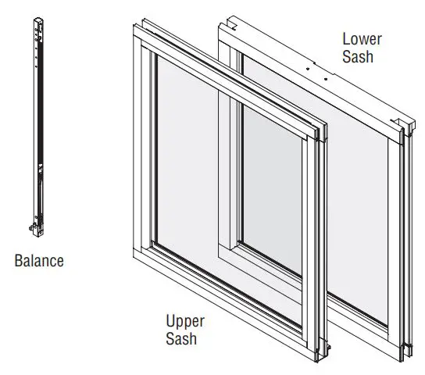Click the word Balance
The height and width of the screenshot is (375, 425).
tap(39, 261)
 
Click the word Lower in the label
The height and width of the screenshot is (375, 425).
tap(361, 38)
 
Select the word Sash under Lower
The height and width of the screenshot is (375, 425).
tap(358, 56)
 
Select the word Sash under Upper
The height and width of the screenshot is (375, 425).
tap(180, 338)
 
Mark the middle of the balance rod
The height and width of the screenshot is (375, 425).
tap(36, 125)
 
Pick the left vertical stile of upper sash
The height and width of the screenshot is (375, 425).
tap(145, 148)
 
